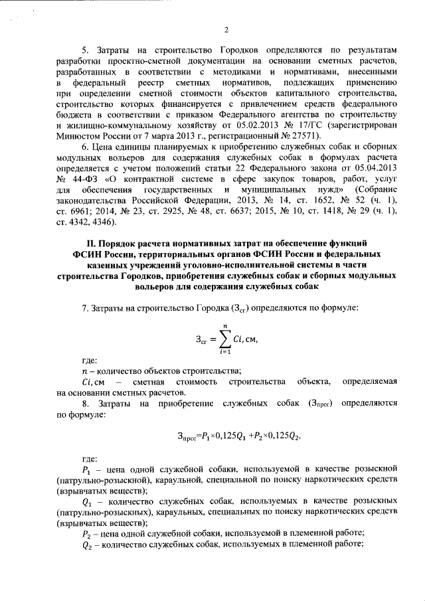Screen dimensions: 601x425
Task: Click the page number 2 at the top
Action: tap(226, 29)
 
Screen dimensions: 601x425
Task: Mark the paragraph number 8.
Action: tap(84, 402)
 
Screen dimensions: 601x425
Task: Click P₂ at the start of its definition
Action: tap(86, 533)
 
